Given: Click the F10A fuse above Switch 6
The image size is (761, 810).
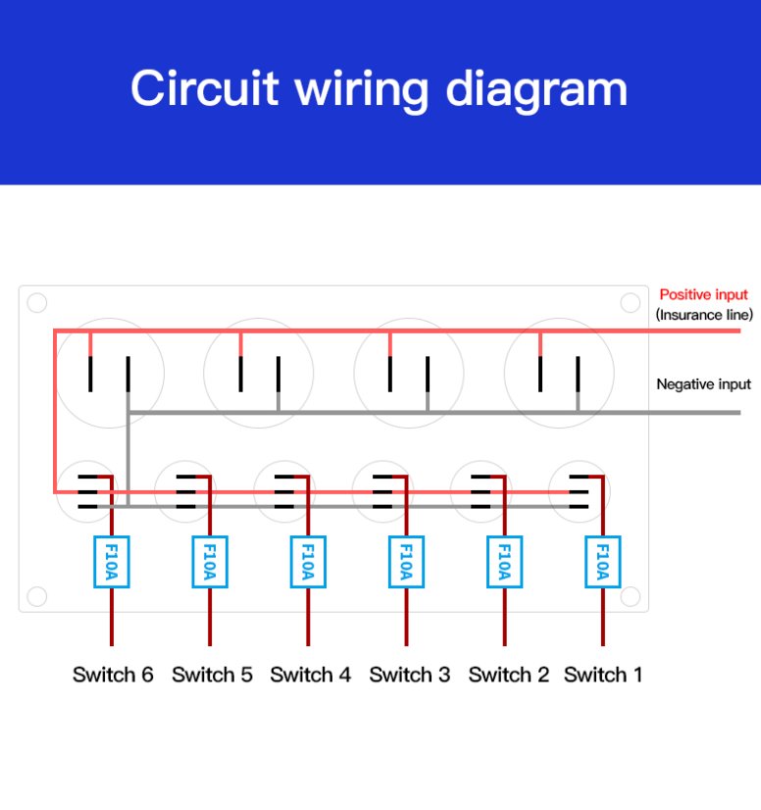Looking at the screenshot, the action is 112,562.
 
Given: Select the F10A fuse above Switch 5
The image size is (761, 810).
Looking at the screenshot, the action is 210,562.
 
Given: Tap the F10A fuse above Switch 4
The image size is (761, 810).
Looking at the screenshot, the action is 308,562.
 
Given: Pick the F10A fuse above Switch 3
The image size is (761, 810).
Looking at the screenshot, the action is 407,562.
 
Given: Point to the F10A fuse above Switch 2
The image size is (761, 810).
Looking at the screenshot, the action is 505,562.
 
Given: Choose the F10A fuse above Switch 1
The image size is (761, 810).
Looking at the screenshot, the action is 603,562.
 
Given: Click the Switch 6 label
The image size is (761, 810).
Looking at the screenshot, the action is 113,675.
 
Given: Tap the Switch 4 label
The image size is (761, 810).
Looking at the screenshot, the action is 311,675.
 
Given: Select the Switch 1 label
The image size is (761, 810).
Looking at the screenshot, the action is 603,675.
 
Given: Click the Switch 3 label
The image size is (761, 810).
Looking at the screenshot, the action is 410,675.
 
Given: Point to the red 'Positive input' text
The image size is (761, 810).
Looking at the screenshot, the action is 704,295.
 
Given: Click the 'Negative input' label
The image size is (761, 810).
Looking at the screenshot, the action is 704,384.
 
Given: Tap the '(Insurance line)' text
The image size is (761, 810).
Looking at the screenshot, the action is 704,315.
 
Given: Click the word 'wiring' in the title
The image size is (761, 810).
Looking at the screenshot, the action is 362,91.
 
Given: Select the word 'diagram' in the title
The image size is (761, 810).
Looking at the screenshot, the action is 536,91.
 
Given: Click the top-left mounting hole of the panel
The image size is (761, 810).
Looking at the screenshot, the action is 37,303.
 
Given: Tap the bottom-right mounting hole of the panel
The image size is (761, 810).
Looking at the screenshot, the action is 631,596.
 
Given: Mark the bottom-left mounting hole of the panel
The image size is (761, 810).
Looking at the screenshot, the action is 37,596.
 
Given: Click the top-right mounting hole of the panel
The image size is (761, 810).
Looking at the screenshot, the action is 631,303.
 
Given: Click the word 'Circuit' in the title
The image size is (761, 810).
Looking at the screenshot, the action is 205,88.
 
